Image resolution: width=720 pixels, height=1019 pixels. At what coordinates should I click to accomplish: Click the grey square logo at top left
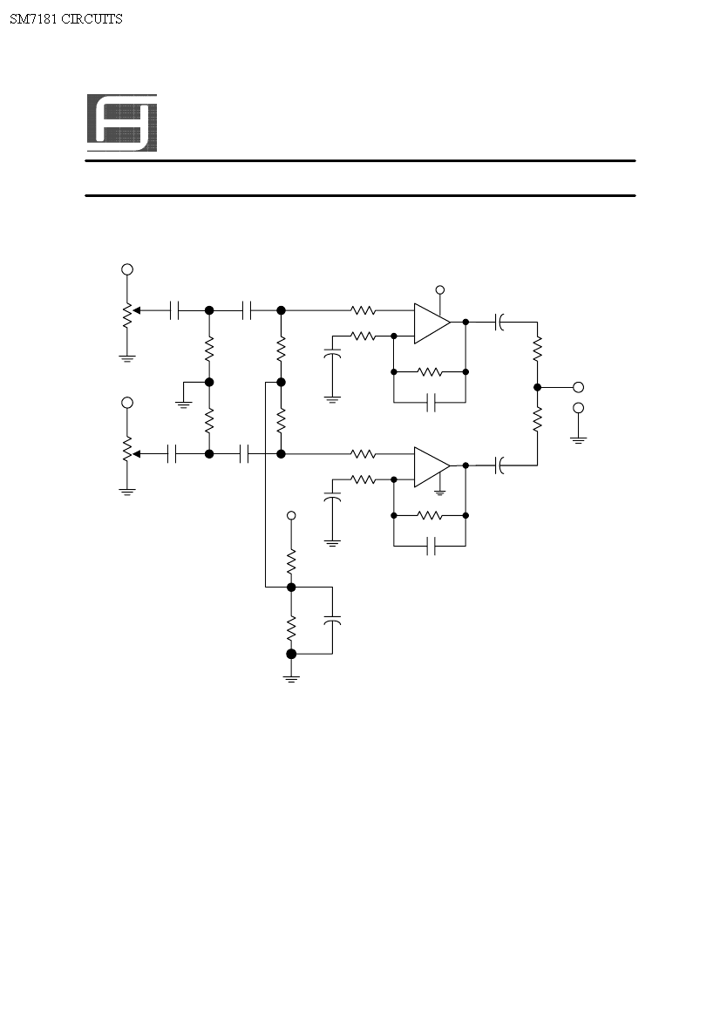pos(122,123)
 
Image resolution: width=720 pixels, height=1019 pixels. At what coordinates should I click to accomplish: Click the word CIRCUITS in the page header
pos(92,19)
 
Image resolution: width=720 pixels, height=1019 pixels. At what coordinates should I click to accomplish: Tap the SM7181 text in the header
pos(34,19)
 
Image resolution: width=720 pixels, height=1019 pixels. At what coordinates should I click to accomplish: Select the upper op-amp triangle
pos(432,323)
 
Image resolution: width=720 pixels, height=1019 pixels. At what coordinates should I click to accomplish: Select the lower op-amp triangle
pos(432,466)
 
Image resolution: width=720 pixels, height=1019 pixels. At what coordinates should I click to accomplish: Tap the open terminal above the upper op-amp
pos(440,290)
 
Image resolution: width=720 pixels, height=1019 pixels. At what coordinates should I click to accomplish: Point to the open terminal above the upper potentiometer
pos(127,269)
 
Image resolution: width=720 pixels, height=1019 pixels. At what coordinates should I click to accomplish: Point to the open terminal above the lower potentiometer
pos(127,403)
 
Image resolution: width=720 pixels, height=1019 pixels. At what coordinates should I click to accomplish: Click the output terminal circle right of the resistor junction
pos(578,387)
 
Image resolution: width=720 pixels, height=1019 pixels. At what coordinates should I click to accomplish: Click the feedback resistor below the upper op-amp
pos(430,371)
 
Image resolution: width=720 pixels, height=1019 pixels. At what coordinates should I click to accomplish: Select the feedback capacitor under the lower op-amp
pos(431,546)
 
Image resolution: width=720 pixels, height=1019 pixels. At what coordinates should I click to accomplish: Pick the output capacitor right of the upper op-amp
pos(499,323)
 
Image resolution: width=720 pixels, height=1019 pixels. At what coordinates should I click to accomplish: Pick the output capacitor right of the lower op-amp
pos(499,465)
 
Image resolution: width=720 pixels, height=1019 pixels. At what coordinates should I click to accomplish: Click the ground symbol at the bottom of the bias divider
pos(291,679)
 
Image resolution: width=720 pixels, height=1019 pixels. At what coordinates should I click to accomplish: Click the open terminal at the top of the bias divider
pos(291,515)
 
